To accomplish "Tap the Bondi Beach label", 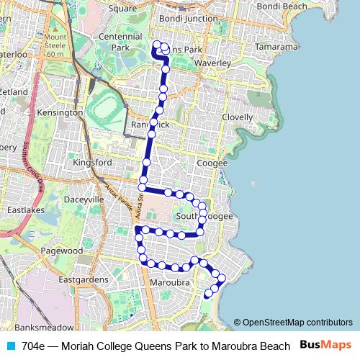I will pyautogui.click(x=278, y=6).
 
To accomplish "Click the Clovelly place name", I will pyautogui.click(x=238, y=117).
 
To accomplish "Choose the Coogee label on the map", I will pyautogui.click(x=212, y=163).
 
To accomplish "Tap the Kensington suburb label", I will pyautogui.click(x=60, y=113).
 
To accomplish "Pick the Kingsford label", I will pyautogui.click(x=92, y=163).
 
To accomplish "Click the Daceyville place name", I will pyautogui.click(x=84, y=198).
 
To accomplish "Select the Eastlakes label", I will pyautogui.click(x=26, y=211).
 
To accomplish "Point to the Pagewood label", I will pyautogui.click(x=62, y=251).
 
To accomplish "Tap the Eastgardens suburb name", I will pyautogui.click(x=83, y=279).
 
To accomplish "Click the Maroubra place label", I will pyautogui.click(x=170, y=283).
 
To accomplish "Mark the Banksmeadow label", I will pyautogui.click(x=38, y=318).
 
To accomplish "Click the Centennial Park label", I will pyautogui.click(x=119, y=42).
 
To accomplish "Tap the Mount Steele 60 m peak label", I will pyautogui.click(x=54, y=45).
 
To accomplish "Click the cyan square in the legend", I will pyautogui.click(x=9, y=346).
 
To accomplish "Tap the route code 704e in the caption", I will pyautogui.click(x=34, y=346).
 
